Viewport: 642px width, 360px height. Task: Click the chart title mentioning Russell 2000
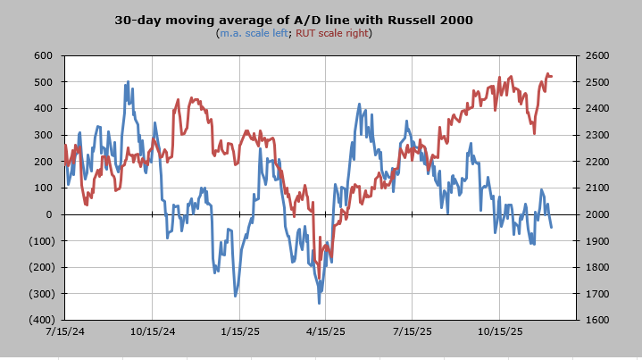(294, 19)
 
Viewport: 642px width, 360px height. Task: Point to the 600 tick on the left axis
(44, 55)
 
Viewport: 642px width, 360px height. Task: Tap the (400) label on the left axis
(40, 320)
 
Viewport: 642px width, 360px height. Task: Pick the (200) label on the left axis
(40, 267)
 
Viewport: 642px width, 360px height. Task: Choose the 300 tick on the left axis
(44, 135)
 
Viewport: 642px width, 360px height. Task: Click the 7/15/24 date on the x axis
(64, 331)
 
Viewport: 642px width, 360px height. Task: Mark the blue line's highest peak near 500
(128, 82)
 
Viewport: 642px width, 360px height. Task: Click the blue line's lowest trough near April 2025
(320, 303)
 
